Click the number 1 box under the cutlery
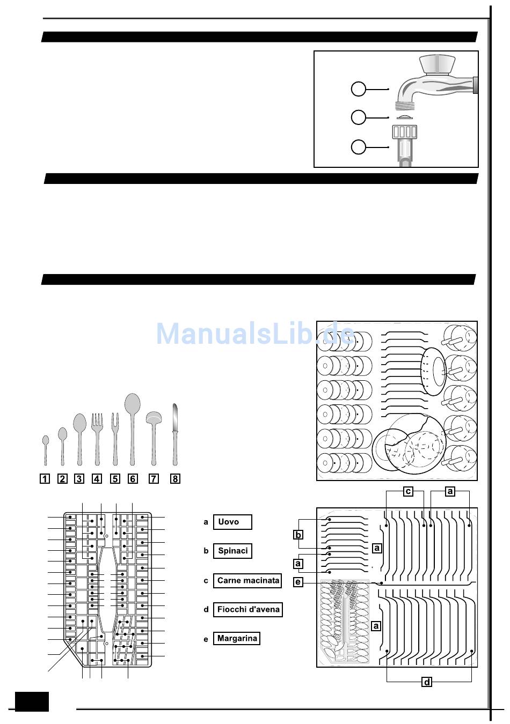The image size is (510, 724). point(45,478)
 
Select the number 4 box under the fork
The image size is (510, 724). point(97,478)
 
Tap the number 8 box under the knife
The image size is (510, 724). point(174,478)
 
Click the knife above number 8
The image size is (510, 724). point(174,434)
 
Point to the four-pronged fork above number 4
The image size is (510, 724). point(97,437)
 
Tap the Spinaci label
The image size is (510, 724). point(232,551)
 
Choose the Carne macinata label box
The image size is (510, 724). point(247,580)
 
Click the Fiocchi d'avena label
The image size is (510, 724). point(247,609)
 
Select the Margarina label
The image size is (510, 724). point(236,638)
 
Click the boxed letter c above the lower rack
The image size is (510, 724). point(409,491)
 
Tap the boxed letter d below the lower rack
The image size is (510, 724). point(427,682)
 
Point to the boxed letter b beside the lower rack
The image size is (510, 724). point(298,534)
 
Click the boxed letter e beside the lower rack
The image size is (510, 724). point(298,582)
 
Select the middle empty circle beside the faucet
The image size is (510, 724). point(358,117)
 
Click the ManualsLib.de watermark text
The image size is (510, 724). point(255,334)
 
